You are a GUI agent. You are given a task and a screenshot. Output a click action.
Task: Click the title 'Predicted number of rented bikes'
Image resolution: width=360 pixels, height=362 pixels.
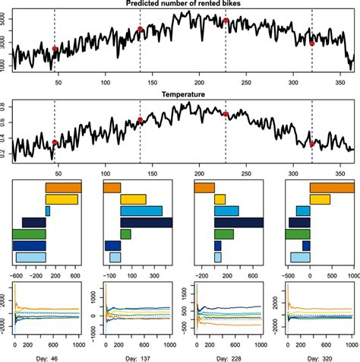tap(181, 5)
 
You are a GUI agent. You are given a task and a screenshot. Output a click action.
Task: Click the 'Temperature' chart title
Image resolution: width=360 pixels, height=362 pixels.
tap(181, 94)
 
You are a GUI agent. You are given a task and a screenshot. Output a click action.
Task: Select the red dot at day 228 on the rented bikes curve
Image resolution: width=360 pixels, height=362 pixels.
tap(226, 21)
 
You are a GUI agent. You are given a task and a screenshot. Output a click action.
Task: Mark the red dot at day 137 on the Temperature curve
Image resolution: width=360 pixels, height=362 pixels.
tap(141, 120)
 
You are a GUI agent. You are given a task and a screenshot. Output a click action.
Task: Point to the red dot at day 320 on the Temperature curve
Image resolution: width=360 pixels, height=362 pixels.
tap(312, 143)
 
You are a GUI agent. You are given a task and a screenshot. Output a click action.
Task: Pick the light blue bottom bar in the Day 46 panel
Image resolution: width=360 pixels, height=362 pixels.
tap(31, 258)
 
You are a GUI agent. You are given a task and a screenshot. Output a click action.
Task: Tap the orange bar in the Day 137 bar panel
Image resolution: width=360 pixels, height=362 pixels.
tap(111, 187)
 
